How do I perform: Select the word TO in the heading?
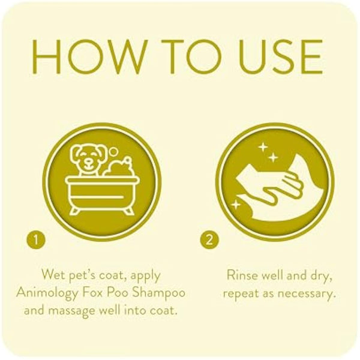(x=181, y=58)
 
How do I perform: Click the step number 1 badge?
(x=36, y=241)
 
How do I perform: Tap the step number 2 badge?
(x=208, y=241)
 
